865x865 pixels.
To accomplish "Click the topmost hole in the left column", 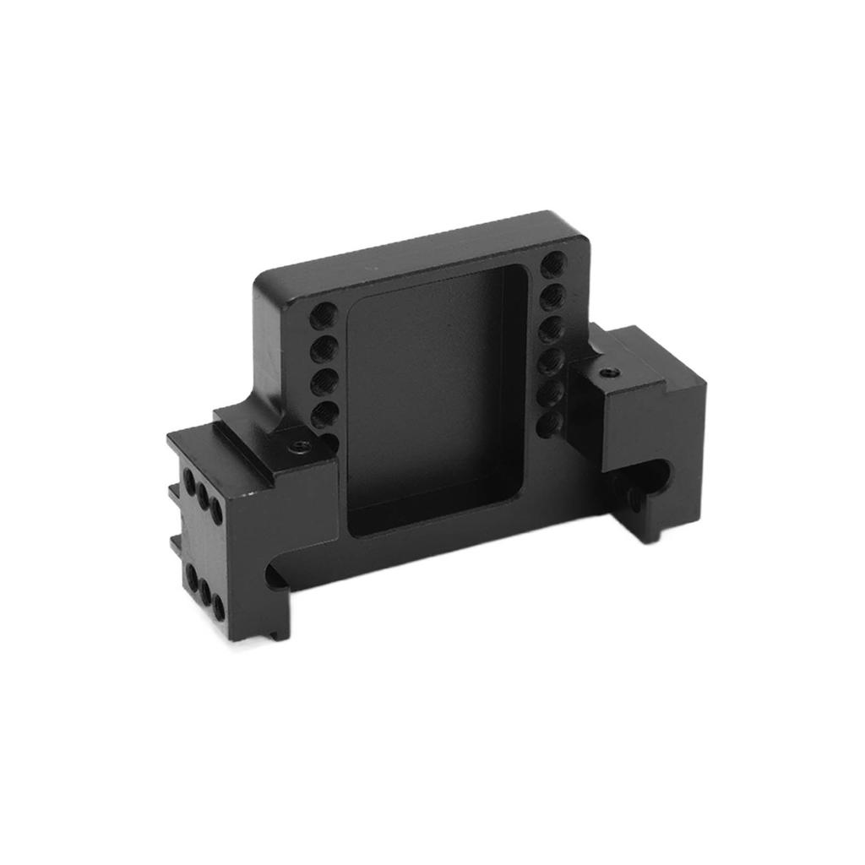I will [322, 318].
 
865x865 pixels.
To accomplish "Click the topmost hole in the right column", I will [552, 264].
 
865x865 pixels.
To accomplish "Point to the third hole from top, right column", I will [552, 328].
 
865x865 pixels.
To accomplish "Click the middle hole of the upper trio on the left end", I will [203, 498].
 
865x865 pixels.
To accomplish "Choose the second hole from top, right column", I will [552, 296].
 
